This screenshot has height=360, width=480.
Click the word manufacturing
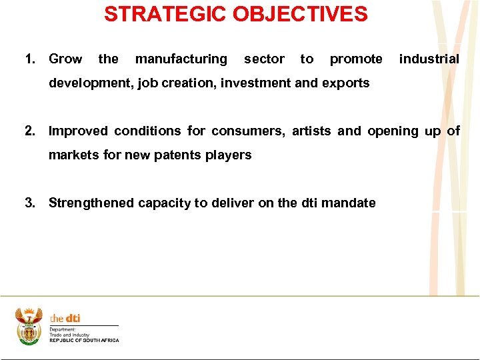point(181,59)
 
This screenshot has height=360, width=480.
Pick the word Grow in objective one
point(65,59)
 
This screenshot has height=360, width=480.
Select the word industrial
point(429,59)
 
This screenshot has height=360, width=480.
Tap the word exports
point(345,83)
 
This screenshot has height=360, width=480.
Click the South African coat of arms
point(29,326)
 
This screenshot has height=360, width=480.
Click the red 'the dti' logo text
point(65,319)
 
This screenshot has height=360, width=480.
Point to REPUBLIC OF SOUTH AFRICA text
point(84,341)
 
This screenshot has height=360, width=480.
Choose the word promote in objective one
point(356,59)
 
